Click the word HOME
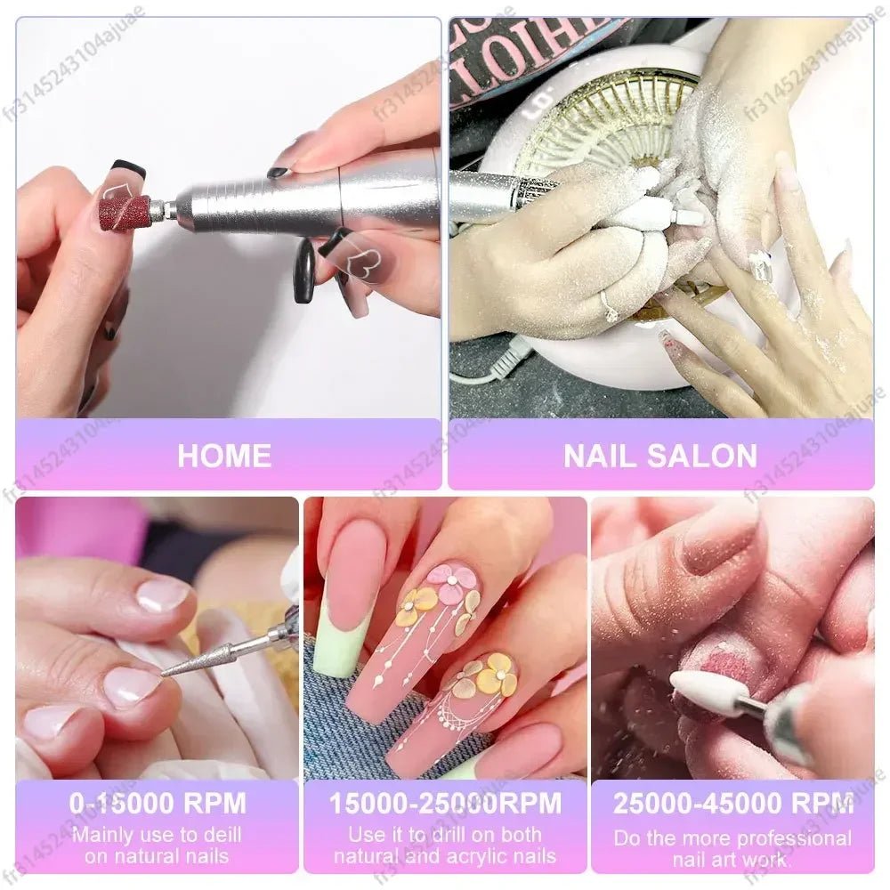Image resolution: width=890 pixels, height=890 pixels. [224, 456]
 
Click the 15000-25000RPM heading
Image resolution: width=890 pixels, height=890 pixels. [445, 804]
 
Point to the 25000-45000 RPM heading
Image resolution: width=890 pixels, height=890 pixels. [732, 804]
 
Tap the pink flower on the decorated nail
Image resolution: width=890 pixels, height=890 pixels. [451, 583]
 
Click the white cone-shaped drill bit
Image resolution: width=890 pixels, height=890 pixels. [703, 692]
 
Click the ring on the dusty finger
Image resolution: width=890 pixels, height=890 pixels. [610, 308]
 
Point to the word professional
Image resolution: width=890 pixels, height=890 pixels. [781, 838]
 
